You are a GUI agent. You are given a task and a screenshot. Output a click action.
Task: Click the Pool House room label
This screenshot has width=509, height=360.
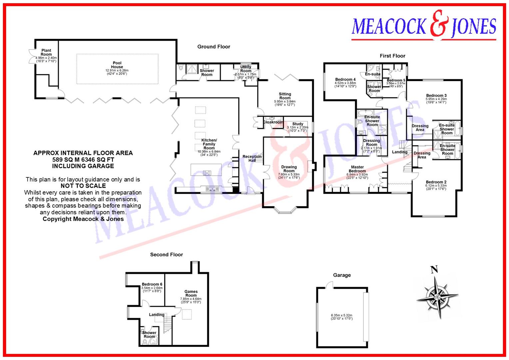click(x=117, y=65)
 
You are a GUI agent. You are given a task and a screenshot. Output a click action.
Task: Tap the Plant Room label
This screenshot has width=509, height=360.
click(x=46, y=53)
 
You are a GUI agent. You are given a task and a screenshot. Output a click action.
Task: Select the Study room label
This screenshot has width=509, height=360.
click(x=297, y=124)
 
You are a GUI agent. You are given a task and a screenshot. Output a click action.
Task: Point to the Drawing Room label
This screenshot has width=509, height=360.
click(x=289, y=169)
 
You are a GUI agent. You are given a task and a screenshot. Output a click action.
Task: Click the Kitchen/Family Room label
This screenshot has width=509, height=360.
click(x=209, y=144)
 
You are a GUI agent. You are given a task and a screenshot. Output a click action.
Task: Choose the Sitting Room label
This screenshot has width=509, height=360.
click(x=285, y=96)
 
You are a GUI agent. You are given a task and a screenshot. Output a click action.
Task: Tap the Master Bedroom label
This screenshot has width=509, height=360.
click(x=357, y=169)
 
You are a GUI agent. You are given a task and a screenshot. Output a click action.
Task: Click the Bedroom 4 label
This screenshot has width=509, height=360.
click(x=345, y=80)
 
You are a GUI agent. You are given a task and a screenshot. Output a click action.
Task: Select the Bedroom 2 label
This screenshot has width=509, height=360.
click(x=436, y=182)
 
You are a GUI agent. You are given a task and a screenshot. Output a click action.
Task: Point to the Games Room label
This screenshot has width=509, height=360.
click(x=191, y=293)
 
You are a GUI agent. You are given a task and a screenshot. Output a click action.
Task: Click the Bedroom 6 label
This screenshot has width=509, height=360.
click(x=152, y=284)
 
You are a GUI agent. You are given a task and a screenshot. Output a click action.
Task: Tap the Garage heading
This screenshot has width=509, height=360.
click(x=342, y=275)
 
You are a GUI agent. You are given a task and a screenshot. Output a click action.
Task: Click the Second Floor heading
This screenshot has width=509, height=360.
click(x=167, y=255)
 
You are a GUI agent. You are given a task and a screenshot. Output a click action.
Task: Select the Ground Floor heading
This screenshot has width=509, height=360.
click(x=214, y=47)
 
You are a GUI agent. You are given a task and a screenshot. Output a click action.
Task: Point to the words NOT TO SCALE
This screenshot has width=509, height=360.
click(x=83, y=186)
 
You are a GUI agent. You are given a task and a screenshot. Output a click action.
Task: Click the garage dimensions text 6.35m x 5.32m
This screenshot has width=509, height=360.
click(x=341, y=315)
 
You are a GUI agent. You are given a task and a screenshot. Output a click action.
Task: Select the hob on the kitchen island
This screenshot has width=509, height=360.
click(x=207, y=173)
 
